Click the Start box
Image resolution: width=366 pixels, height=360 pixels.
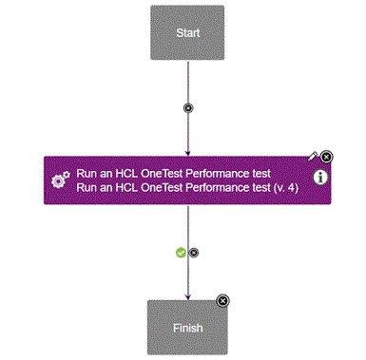click(x=187, y=32)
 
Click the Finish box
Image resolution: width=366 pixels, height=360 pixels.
click(x=187, y=327)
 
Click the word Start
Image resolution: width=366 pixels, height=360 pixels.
click(x=187, y=32)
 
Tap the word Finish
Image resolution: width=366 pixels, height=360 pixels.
click(x=187, y=328)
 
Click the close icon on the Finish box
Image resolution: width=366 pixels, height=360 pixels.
click(x=222, y=300)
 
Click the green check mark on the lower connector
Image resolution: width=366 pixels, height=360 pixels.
click(x=181, y=252)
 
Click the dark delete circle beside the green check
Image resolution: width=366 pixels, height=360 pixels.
click(x=194, y=253)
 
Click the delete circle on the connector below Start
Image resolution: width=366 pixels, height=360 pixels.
click(x=187, y=107)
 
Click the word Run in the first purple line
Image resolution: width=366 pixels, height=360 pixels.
click(x=87, y=173)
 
